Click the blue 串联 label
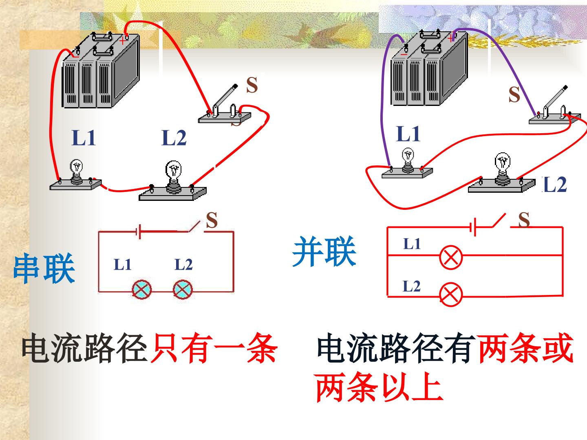pos(44,268)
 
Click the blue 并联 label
pos(324,251)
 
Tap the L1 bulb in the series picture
pos(76,171)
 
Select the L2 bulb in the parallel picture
pos(503,168)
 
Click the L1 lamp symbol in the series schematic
pos(142,290)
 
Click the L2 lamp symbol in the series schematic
pos(183,290)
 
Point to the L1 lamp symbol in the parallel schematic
pos(451,257)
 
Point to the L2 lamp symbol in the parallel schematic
pos(451,295)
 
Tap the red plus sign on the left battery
pos(122,41)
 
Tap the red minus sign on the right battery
pos(404,55)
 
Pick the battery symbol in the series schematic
pos(138,232)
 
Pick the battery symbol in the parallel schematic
pos(473,227)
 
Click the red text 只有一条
pos(214,348)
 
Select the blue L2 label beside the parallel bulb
pos(555,185)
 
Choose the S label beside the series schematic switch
pos(212,220)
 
